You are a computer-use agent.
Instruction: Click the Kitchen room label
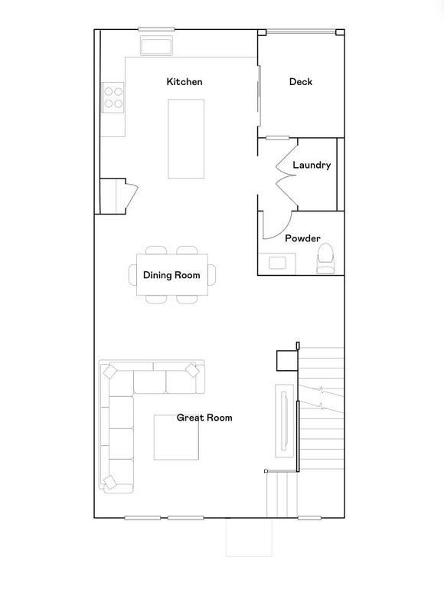184,82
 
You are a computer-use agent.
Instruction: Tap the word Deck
301,82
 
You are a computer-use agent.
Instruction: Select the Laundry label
312,165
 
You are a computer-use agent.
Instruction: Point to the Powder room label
302,238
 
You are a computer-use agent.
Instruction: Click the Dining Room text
171,275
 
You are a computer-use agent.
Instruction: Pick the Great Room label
204,418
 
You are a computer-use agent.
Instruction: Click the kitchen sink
156,46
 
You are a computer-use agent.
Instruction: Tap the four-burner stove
113,97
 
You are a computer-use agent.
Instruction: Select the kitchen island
186,139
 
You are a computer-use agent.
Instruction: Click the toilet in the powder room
325,258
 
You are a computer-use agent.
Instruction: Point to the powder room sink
277,264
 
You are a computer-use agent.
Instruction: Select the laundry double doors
287,175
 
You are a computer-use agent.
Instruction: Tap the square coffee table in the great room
176,437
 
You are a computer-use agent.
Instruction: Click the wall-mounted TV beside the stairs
285,420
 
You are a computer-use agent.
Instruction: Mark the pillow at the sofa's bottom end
110,482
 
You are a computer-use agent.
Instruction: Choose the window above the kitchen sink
156,29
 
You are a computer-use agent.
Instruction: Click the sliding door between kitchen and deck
259,97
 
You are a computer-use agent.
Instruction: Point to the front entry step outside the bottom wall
249,537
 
